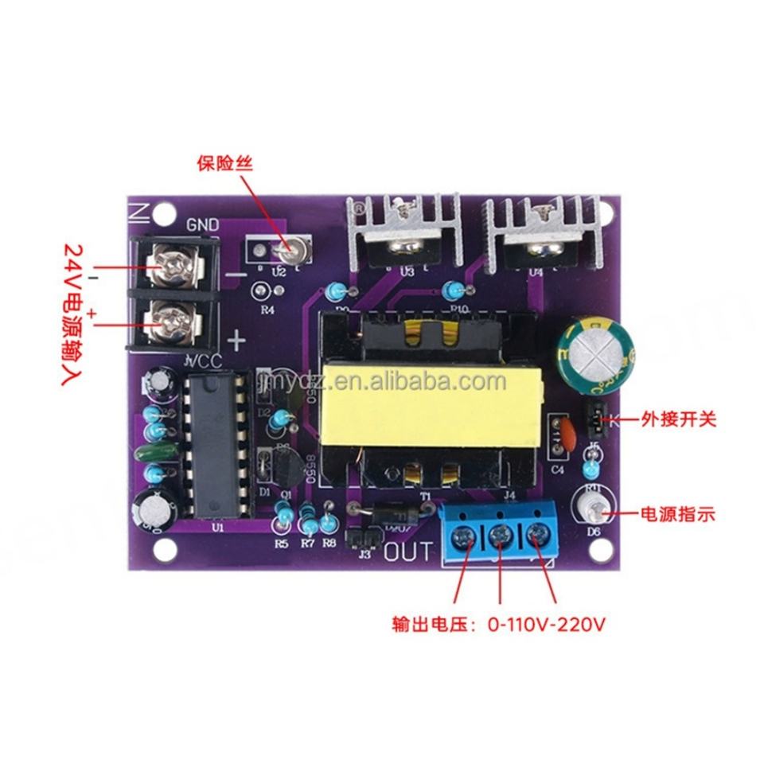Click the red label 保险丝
pos(224,165)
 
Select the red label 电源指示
pos(678,515)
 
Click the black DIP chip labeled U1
pos(213,447)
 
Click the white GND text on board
pos(202,224)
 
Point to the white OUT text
pos(410,552)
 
